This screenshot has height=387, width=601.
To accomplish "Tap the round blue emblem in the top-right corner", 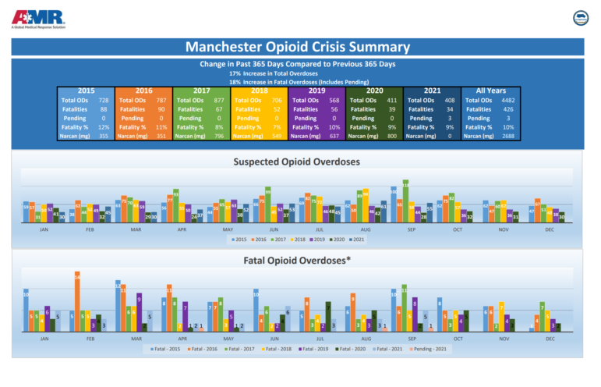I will click(581, 18).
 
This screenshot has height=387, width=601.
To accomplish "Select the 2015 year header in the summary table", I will click(87, 91).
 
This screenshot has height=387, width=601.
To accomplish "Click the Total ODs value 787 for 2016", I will click(161, 101).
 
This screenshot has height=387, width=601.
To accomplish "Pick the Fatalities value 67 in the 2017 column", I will click(220, 109).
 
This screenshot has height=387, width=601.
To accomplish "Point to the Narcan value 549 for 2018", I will click(277, 136).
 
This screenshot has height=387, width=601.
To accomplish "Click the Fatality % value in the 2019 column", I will click(334, 127).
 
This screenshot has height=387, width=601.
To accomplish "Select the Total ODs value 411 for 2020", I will click(392, 101).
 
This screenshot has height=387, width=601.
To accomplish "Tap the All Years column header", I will click(490, 91).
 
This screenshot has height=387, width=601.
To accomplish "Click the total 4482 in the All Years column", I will click(508, 101).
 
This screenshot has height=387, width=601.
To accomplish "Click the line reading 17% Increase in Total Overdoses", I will click(273, 73).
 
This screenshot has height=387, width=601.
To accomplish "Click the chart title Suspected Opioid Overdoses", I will click(297, 162).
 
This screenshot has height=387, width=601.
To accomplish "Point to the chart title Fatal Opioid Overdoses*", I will click(297, 260).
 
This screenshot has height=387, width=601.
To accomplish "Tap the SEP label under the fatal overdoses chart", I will click(412, 339).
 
